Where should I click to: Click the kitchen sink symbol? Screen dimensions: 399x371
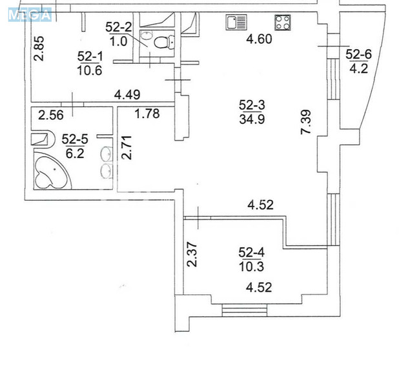(236, 22)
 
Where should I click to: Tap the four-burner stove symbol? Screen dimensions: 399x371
(282, 23)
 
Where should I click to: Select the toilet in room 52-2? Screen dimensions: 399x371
(164, 42)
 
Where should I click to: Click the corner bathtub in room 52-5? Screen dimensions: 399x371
(52, 170)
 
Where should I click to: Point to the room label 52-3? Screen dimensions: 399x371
(252, 105)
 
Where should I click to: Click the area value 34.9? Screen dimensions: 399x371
(252, 119)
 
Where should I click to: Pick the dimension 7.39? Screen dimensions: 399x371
(305, 121)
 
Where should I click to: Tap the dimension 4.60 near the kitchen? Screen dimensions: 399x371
(260, 39)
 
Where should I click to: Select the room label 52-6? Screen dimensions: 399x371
(358, 54)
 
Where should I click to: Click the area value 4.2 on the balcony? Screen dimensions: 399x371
(359, 68)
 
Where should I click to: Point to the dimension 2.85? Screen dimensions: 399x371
(39, 48)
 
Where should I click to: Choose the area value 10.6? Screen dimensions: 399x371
(90, 70)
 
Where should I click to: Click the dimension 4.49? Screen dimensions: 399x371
(127, 95)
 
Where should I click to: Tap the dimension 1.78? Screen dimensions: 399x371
(147, 114)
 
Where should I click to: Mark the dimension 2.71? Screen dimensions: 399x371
(127, 148)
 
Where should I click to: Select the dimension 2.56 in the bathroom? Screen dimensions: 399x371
(51, 115)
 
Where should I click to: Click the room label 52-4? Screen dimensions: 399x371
(251, 252)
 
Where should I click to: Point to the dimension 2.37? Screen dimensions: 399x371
(192, 254)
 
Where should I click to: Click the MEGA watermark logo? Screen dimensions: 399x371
(30, 15)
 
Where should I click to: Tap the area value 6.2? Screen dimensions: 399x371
(75, 154)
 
